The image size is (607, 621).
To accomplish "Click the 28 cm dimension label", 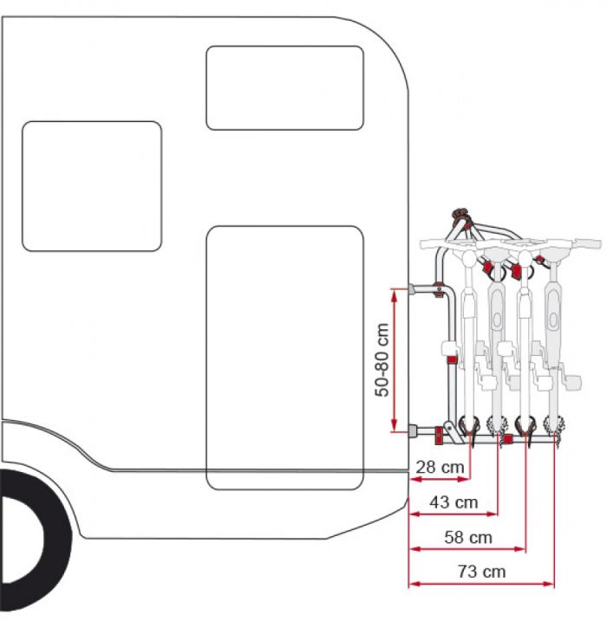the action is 441,467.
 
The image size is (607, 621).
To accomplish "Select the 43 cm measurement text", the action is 454,502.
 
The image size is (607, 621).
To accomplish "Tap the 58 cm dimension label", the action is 468,538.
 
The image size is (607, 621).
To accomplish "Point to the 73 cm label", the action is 482,572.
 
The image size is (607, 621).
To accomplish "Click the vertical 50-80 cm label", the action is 382,360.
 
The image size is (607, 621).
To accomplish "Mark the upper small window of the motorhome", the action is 284,88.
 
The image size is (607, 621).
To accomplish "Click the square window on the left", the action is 92,186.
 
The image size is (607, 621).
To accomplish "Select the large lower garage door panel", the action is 284,358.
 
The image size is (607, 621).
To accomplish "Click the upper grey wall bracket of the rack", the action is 412,289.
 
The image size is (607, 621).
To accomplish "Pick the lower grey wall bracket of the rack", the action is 413,430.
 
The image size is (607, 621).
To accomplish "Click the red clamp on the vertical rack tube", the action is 452,360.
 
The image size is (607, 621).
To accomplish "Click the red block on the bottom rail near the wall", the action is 439,437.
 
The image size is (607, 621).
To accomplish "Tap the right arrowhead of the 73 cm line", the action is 550,584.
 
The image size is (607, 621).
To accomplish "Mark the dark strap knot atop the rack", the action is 460,214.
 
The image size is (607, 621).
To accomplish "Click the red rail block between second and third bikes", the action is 508,438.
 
